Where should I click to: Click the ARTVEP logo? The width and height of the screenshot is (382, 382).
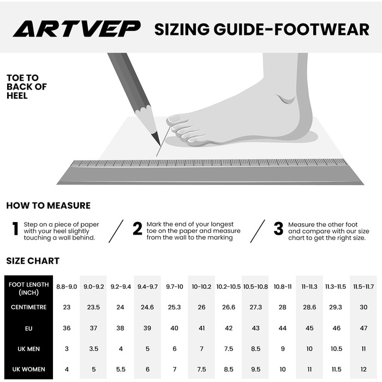pos(77,29)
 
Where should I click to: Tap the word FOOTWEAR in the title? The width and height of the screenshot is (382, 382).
pos(321,29)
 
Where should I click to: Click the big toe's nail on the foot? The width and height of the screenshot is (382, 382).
pos(173,119)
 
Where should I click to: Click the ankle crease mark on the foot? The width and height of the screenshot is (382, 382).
pos(286,99)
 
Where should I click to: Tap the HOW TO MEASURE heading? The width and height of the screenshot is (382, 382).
pos(48,205)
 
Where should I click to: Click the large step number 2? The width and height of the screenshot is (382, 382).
pos(138,229)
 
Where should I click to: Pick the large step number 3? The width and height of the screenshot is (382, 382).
pos(278,229)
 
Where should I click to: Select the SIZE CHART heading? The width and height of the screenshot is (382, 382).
pos(33,261)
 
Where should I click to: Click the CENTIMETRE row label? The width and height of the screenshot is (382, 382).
pos(29,307)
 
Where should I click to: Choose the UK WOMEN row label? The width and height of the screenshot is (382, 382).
pos(29,369)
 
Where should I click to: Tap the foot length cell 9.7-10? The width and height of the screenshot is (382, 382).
pos(175,286)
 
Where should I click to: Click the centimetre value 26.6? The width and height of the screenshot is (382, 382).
pos(229,307)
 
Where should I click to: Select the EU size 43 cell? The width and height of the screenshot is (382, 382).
pos(255,328)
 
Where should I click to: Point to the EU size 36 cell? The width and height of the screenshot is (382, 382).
pos(67,328)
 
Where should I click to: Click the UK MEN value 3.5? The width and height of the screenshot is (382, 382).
pos(93,349)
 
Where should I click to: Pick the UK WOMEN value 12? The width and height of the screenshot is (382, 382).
pos(363,369)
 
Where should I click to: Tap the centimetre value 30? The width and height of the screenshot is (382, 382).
pos(363,307)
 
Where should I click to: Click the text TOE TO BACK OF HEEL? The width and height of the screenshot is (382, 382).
pos(27,87)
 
